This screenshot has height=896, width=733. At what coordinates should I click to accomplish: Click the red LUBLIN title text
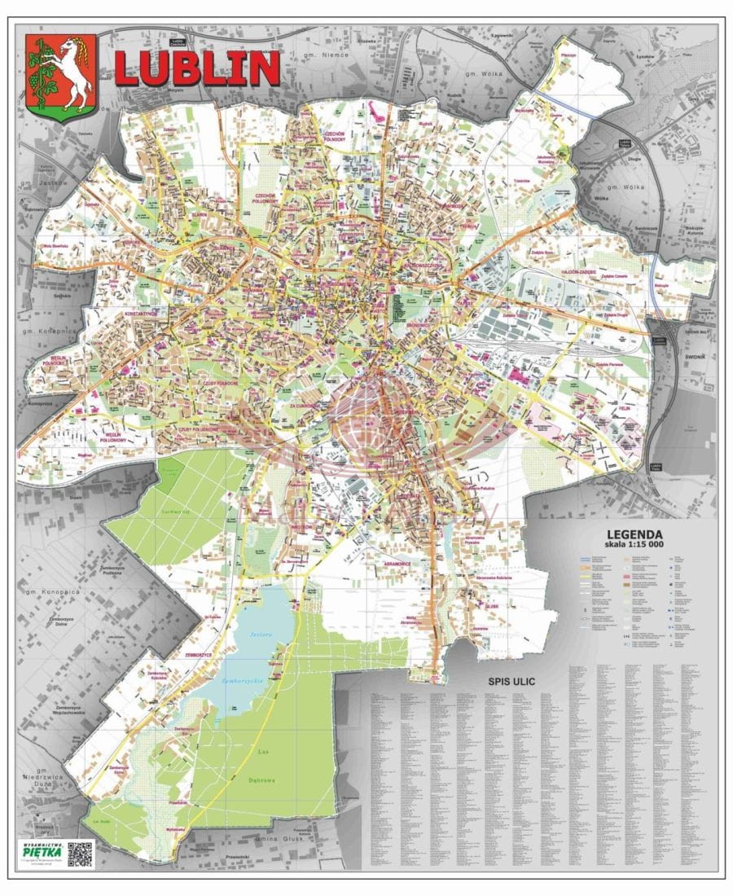coord(197,68)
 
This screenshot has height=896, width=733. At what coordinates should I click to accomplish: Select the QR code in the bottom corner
coord(80,853)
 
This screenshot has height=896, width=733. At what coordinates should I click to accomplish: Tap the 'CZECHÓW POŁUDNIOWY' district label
coord(266,200)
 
